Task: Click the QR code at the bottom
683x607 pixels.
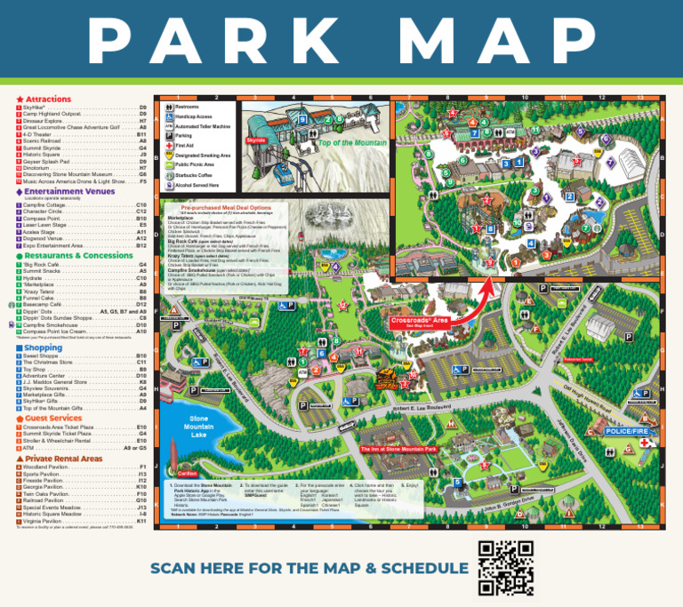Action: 505,567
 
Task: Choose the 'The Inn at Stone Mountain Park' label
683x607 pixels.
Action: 399,450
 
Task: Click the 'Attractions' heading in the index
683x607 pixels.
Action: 48,100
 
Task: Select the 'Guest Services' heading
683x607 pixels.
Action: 53,418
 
